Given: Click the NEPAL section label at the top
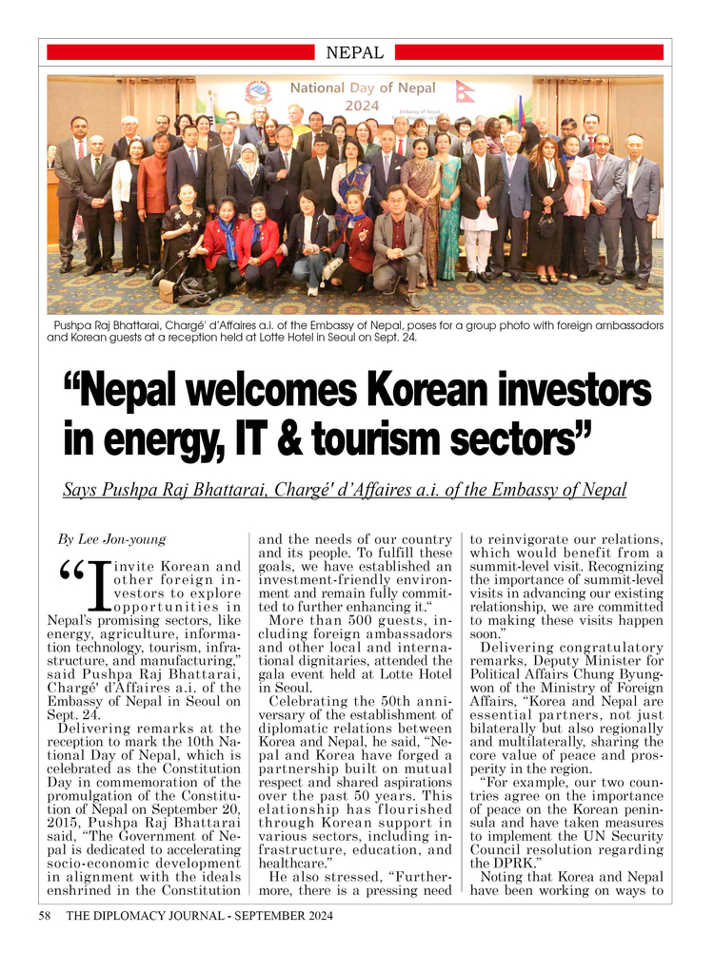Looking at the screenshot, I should click(354, 53).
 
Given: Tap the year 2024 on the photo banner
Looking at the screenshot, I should click(363, 107).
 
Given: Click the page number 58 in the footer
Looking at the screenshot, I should click(45, 916).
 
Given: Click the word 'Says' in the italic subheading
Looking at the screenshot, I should click(80, 491).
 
